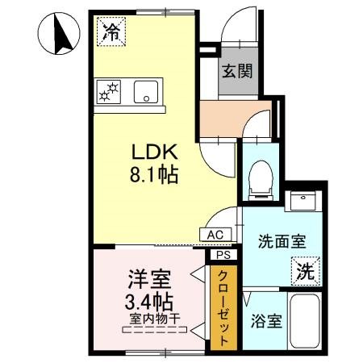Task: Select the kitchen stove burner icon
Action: (x=108, y=91)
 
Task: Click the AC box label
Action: (x=215, y=235)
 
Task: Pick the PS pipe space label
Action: (x=222, y=254)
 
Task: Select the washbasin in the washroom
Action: (x=305, y=199)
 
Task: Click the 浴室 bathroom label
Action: (x=265, y=320)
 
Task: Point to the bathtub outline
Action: (x=307, y=321)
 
